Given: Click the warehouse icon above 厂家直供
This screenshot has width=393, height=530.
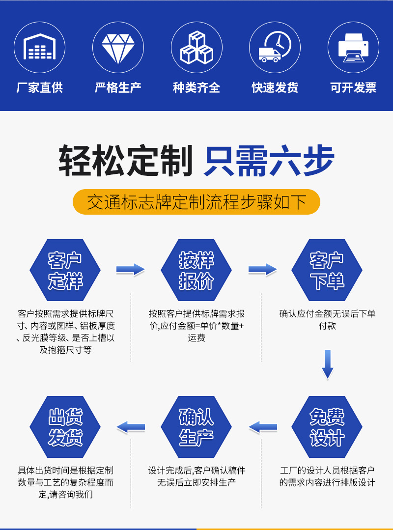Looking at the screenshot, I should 39,47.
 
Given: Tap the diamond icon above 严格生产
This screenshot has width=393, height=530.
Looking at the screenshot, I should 118,47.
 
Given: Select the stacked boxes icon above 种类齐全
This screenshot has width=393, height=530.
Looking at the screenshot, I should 196,47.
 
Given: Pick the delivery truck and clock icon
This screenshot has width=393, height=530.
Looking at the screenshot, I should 275,47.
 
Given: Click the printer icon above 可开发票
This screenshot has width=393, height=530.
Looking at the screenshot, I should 353,47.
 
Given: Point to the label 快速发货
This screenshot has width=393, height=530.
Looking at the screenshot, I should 275,88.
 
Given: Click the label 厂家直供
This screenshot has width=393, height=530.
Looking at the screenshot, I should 39,88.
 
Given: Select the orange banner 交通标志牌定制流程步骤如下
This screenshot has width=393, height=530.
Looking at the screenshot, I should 196,202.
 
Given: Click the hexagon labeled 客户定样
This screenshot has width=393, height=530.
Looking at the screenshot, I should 65,270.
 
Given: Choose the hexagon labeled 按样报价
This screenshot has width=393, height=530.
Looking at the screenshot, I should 196,270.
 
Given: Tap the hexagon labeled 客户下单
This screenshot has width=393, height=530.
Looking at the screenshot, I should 327,270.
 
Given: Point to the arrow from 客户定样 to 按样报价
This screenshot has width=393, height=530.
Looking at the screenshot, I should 130,270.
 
